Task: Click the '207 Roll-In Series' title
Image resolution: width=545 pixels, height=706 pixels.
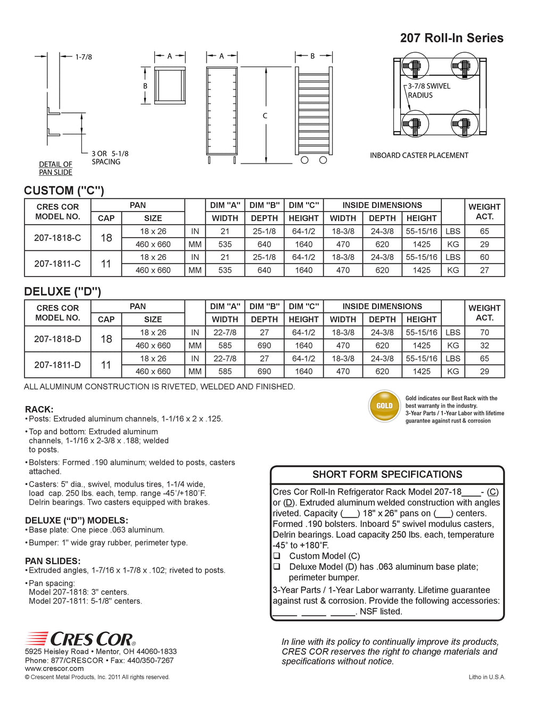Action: (451, 38)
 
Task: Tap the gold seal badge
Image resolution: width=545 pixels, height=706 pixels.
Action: (384, 406)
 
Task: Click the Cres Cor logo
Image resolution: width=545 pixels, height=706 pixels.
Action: (80, 638)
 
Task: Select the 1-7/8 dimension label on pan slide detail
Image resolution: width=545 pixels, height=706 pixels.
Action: (83, 56)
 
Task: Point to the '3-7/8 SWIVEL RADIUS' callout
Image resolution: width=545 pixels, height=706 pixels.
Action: (428, 91)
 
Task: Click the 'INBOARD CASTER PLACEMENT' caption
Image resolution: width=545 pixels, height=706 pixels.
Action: (419, 156)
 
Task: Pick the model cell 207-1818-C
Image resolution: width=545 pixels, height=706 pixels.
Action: (57, 238)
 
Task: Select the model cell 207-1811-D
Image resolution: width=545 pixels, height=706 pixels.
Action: (57, 365)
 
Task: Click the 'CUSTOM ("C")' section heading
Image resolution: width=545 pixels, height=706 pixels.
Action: (64, 190)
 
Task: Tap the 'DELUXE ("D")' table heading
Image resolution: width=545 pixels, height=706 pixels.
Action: (62, 291)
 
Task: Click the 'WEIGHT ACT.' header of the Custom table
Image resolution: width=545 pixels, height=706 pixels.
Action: (484, 212)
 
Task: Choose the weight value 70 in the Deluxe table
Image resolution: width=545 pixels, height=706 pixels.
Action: (484, 332)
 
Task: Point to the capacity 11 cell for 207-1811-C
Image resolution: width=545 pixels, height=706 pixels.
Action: (106, 264)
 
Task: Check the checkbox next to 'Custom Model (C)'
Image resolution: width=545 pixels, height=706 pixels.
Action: (277, 556)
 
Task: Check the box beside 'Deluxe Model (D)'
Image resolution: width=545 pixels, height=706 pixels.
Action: (277, 566)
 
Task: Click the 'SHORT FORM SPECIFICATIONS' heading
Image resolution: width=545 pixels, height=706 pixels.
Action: (387, 474)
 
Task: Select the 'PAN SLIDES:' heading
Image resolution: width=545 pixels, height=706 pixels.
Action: (53, 561)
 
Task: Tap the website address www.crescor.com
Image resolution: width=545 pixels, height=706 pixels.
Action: (54, 669)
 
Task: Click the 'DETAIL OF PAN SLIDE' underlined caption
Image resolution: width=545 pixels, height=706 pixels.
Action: (55, 168)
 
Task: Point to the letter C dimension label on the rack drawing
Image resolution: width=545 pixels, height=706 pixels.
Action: (265, 116)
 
